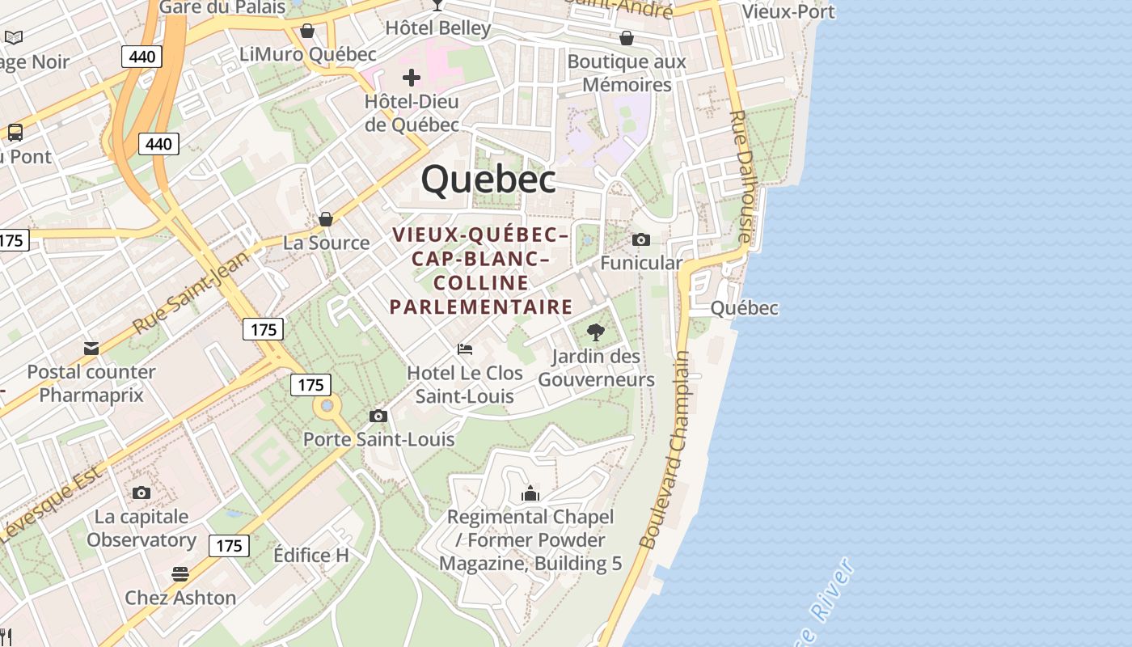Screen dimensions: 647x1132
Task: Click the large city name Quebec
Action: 488,179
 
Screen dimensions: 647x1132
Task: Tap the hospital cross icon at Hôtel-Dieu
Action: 412,78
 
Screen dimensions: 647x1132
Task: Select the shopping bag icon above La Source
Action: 326,219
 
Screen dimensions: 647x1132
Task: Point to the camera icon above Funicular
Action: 641,239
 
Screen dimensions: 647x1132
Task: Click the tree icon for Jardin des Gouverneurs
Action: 596,332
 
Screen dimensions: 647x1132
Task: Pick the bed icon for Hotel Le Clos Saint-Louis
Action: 465,349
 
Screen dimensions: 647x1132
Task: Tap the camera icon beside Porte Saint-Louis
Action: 378,416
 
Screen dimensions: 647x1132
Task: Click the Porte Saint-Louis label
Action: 378,440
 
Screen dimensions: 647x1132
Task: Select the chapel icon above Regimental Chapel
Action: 530,493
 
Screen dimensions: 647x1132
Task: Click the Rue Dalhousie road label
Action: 739,176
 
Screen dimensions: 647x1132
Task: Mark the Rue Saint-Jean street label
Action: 192,293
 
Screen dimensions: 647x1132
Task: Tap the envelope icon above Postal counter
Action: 91,349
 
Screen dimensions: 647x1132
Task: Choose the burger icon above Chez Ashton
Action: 180,574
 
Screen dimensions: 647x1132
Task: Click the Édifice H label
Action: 311,556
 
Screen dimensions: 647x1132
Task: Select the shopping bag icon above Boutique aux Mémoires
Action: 627,38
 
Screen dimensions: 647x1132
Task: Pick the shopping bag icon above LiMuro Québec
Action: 307,31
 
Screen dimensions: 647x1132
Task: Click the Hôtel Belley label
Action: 438,28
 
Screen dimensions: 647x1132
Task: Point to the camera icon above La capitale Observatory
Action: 141,493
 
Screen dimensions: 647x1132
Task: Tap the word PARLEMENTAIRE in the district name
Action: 481,307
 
